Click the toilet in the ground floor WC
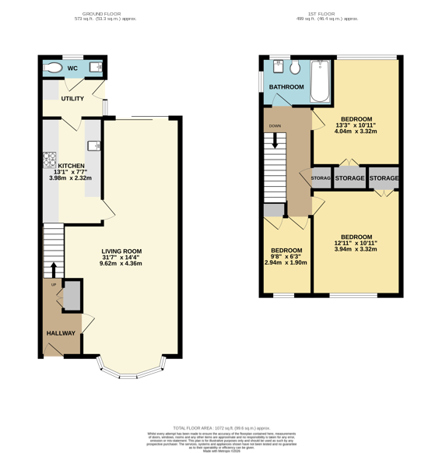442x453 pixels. click(53, 68)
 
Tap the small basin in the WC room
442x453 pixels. click(96, 68)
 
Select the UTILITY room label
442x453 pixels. click(72, 99)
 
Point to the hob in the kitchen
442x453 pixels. click(49, 160)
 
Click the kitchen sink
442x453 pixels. click(93, 145)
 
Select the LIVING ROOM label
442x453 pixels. click(121, 251)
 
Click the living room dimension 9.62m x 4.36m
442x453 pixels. click(121, 263)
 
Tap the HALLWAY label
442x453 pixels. click(61, 333)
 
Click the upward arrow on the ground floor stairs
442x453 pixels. click(53, 269)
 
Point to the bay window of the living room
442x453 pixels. click(130, 369)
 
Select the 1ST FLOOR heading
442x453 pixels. click(322, 14)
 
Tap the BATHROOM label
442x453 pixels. click(286, 87)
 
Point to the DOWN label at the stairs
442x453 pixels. click(275, 125)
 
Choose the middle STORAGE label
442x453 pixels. click(349, 178)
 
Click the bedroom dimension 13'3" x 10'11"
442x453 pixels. click(356, 125)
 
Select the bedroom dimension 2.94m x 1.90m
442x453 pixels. click(286, 262)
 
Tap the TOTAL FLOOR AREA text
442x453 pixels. click(221, 428)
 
